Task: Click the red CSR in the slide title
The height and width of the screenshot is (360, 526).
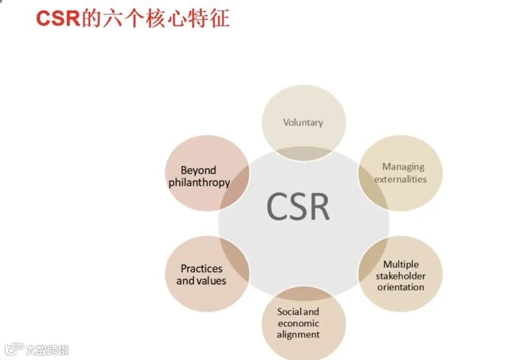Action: pos(58,18)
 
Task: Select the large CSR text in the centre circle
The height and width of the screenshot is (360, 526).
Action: pos(298,206)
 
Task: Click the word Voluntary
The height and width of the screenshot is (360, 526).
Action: pos(303,123)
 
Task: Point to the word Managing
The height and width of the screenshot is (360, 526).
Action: pos(403,167)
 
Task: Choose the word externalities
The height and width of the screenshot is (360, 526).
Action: pos(400,179)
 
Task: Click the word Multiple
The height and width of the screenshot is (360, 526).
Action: pos(400,265)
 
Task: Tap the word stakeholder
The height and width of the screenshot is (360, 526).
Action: pos(400,276)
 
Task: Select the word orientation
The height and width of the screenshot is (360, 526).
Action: pos(401,287)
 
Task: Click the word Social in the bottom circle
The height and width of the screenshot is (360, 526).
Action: pos(290,311)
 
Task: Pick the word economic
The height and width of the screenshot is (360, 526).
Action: pos(298,323)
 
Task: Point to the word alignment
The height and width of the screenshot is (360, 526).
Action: pos(298,335)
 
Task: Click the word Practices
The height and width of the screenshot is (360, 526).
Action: pos(201,269)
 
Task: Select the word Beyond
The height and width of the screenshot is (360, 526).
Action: pos(198,171)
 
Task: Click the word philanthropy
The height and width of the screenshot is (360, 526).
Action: pos(199,182)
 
